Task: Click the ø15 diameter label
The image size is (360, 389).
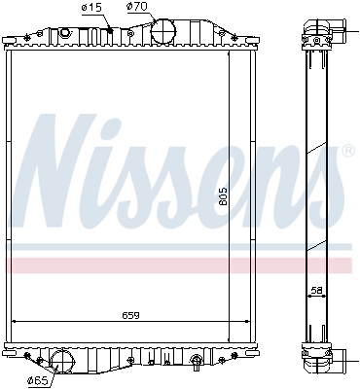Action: [x=91, y=8]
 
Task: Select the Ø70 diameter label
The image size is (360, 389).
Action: [x=137, y=7]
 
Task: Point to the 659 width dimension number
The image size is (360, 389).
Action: [x=130, y=315]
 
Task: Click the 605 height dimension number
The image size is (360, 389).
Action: [x=223, y=196]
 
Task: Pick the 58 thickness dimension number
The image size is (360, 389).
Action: [x=317, y=291]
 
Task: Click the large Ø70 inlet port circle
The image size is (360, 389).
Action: [x=163, y=31]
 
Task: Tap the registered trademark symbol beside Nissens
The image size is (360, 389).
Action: [x=348, y=151]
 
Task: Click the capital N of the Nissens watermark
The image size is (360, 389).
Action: [x=60, y=171]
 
